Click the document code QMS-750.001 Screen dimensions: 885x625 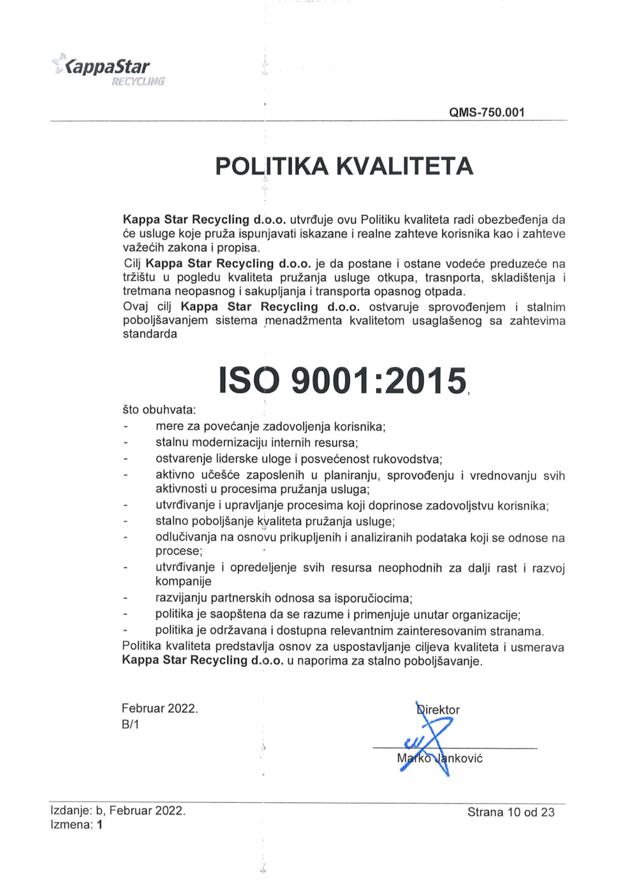click(x=487, y=112)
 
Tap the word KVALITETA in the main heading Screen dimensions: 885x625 click(x=404, y=166)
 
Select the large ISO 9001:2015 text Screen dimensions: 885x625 click(x=342, y=381)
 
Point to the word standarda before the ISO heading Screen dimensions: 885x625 click(x=150, y=334)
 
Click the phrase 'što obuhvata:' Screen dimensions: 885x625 click(x=159, y=410)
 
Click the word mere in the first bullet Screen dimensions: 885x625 click(x=169, y=426)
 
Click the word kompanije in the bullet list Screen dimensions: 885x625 click(x=184, y=581)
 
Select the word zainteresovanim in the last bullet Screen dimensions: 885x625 click(x=441, y=631)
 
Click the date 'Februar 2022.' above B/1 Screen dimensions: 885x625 click(x=159, y=709)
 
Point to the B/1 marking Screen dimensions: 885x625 click(x=130, y=724)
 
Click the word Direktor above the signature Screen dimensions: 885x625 click(x=437, y=710)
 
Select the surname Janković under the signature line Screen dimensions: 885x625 click(x=459, y=758)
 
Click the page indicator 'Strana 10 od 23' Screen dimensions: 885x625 click(x=511, y=812)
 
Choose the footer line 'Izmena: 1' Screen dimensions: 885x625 click(x=77, y=824)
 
